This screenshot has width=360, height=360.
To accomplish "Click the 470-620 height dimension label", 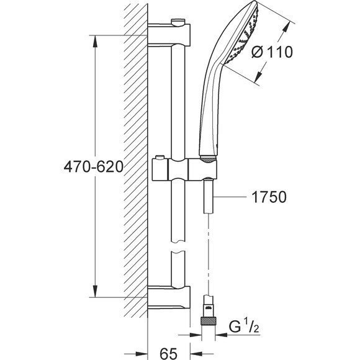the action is [x=94, y=167].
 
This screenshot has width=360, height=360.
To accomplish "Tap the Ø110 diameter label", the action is [x=272, y=52].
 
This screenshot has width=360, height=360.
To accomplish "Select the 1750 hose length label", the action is [x=269, y=197].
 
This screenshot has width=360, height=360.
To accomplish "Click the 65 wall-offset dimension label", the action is [x=169, y=353].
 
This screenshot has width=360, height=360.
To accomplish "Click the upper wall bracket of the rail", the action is [x=169, y=35].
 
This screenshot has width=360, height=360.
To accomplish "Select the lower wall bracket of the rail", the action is [x=169, y=297].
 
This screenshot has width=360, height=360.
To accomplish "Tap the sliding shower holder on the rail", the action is [x=184, y=169].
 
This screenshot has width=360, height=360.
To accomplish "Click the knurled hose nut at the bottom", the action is [x=208, y=320].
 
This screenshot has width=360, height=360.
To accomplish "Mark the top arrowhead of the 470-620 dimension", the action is [x=95, y=42].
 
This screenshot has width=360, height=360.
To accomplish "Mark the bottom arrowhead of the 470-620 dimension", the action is [x=95, y=291].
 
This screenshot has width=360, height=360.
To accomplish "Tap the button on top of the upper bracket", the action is [x=178, y=21].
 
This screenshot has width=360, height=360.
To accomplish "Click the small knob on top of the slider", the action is [x=160, y=158].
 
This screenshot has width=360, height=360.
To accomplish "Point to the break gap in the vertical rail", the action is [x=178, y=247].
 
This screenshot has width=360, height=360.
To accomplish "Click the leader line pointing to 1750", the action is [x=230, y=197].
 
